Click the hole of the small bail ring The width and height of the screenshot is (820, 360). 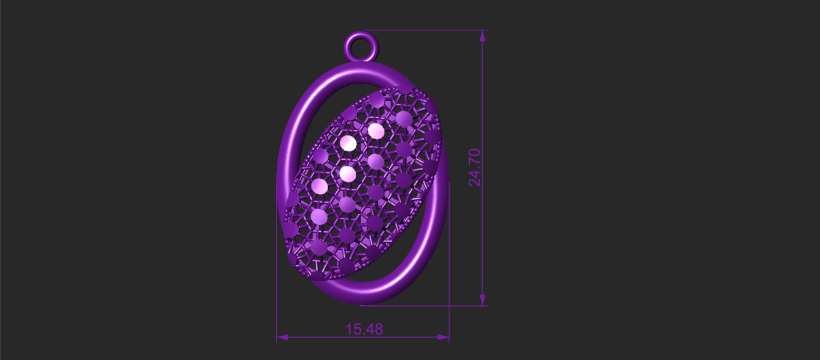tap(361, 47)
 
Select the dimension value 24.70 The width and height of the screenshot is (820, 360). tap(474, 167)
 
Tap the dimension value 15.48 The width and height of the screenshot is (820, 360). tap(364, 329)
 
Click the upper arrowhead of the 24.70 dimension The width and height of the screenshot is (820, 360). tap(483, 36)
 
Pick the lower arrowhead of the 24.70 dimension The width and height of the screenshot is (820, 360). tap(483, 300)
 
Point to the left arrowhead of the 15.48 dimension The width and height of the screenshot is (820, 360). tap(282, 337)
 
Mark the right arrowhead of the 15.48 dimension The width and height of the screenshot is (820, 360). tap(443, 337)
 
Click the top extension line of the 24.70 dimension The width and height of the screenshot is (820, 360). tap(425, 30)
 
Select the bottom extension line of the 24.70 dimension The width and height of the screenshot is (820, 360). tap(424, 306)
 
